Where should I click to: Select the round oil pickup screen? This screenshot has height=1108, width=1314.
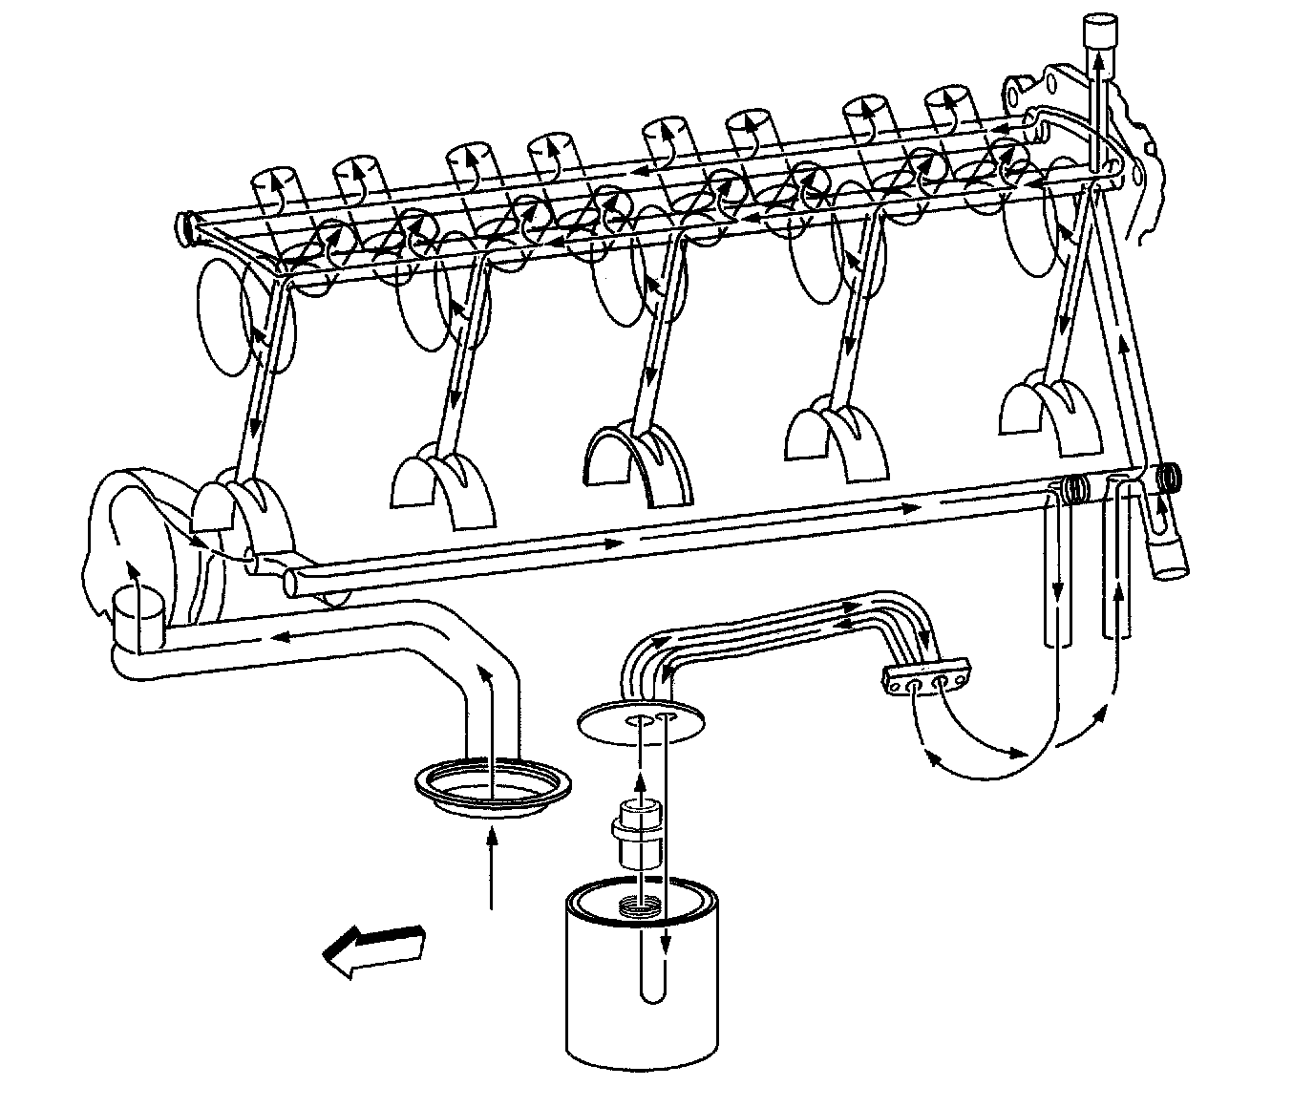pyautogui.click(x=494, y=783)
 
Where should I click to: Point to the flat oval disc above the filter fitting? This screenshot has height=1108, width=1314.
pyautogui.click(x=642, y=720)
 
